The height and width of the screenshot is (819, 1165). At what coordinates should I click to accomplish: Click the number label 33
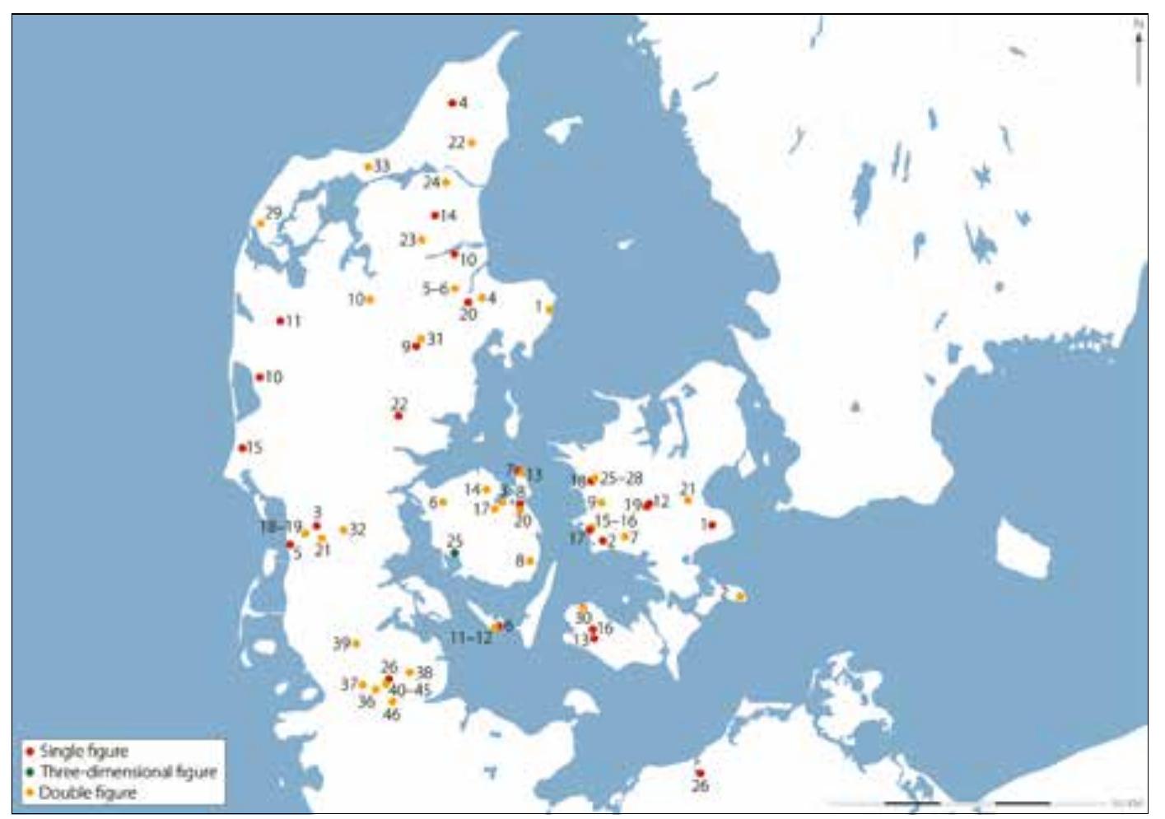pyautogui.click(x=381, y=166)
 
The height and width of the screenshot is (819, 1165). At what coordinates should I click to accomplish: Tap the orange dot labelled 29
pyautogui.click(x=261, y=223)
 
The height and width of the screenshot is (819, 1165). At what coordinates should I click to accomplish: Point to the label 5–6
pyautogui.click(x=436, y=288)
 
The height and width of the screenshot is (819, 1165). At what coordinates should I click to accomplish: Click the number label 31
pyautogui.click(x=435, y=338)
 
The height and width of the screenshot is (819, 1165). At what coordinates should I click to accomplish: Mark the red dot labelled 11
pyautogui.click(x=280, y=321)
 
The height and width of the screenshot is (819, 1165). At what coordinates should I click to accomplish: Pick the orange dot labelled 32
pyautogui.click(x=343, y=529)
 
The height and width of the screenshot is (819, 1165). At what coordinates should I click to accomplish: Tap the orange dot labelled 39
pyautogui.click(x=356, y=643)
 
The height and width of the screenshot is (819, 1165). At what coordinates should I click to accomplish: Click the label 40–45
pyautogui.click(x=409, y=690)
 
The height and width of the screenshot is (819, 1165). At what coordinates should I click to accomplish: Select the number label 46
pyautogui.click(x=392, y=714)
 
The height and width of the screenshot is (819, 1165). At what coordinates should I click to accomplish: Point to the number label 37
pyautogui.click(x=349, y=683)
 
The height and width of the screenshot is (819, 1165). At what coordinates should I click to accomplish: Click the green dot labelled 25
pyautogui.click(x=454, y=554)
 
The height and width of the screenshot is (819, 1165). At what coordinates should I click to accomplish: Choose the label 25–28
pyautogui.click(x=622, y=478)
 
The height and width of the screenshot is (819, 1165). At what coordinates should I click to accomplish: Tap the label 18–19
pyautogui.click(x=281, y=526)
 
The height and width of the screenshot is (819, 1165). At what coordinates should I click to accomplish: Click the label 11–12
pyautogui.click(x=470, y=638)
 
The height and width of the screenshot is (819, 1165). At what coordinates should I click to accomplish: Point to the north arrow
pyautogui.click(x=1139, y=49)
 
